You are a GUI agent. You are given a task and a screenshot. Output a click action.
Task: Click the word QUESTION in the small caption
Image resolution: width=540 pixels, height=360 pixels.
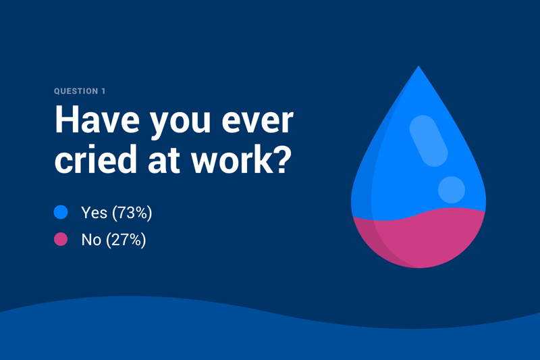(x=76, y=91)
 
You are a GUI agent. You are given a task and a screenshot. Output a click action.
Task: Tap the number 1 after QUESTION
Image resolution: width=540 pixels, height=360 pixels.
(x=103, y=91)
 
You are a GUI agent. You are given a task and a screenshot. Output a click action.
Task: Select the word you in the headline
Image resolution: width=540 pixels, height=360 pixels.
(x=180, y=124)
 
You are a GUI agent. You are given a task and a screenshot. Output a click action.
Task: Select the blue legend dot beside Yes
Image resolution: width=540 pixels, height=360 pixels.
(x=61, y=212)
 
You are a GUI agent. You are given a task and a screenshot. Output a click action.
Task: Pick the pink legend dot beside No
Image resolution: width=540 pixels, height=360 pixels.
(x=61, y=239)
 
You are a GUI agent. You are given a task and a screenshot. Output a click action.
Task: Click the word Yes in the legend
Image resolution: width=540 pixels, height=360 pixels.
(x=94, y=213)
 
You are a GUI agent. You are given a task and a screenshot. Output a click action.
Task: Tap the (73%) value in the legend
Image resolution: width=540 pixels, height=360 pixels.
(x=132, y=213)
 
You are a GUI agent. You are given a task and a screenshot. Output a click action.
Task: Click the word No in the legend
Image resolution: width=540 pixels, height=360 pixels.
(x=91, y=240)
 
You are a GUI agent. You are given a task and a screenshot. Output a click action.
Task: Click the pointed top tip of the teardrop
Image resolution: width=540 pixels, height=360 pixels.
(x=418, y=66)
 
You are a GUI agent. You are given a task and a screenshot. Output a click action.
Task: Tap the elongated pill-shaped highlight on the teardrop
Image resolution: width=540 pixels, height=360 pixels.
(x=429, y=141)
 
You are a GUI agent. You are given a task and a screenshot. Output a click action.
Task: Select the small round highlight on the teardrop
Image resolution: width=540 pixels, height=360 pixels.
(x=452, y=190)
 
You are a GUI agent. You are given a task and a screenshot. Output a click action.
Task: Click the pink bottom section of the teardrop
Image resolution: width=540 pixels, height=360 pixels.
(x=418, y=239)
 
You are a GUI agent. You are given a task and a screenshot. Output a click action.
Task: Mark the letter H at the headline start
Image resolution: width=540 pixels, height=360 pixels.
(x=67, y=119)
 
